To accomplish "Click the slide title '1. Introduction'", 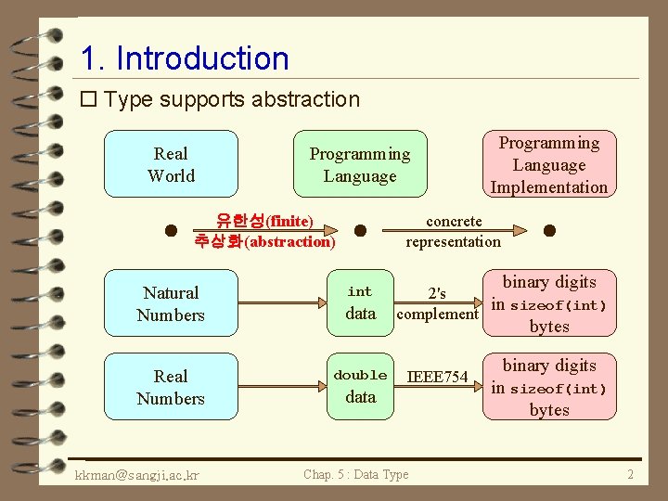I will click(x=185, y=58).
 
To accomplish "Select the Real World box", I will click(x=171, y=164).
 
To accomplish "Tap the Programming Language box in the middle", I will click(x=359, y=164).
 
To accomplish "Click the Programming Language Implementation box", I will click(x=548, y=164).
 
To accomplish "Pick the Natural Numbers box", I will click(x=171, y=303).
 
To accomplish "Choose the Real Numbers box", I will click(x=171, y=387).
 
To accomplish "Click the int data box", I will click(x=360, y=303).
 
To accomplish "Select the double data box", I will click(x=360, y=387).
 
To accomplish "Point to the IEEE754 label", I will click(x=438, y=377).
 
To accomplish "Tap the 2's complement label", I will click(x=437, y=304).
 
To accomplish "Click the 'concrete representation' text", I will click(x=453, y=231).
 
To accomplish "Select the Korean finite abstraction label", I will click(x=264, y=231).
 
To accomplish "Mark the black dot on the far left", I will click(x=171, y=229).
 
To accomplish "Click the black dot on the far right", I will click(x=549, y=229).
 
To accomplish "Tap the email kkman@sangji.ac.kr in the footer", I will click(x=138, y=475).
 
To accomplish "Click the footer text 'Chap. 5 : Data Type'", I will click(x=355, y=475).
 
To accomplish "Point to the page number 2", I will click(x=630, y=475).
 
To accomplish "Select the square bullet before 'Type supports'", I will click(x=89, y=99).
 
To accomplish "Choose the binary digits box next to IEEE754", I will click(x=548, y=387).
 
